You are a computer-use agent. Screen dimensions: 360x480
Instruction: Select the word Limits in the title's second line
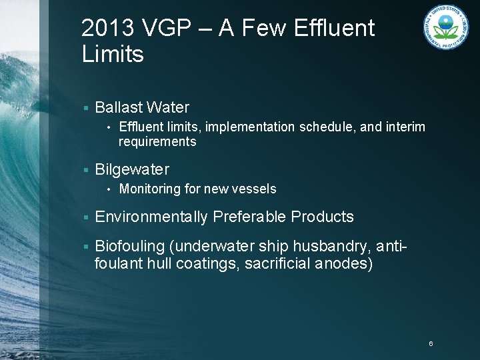[113, 55]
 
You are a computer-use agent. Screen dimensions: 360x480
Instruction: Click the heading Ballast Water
[142, 107]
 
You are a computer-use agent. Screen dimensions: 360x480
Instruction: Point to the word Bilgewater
[132, 169]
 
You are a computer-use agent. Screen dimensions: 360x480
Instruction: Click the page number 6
[431, 343]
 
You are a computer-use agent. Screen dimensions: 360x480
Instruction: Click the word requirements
[157, 141]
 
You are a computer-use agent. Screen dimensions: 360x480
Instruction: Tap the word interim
[405, 127]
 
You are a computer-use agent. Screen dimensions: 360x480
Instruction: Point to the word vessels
[255, 189]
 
